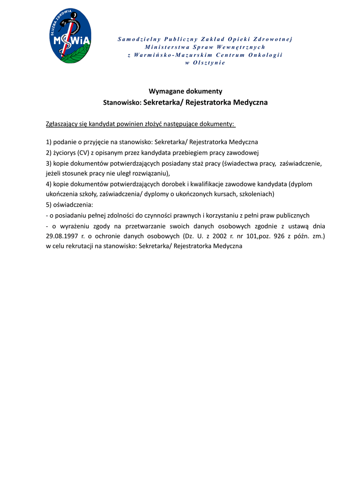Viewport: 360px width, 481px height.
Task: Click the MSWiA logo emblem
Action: click(71, 36)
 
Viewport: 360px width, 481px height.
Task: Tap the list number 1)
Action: click(49, 142)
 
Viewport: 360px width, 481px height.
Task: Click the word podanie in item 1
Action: click(65, 142)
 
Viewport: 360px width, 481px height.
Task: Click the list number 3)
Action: click(49, 163)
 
